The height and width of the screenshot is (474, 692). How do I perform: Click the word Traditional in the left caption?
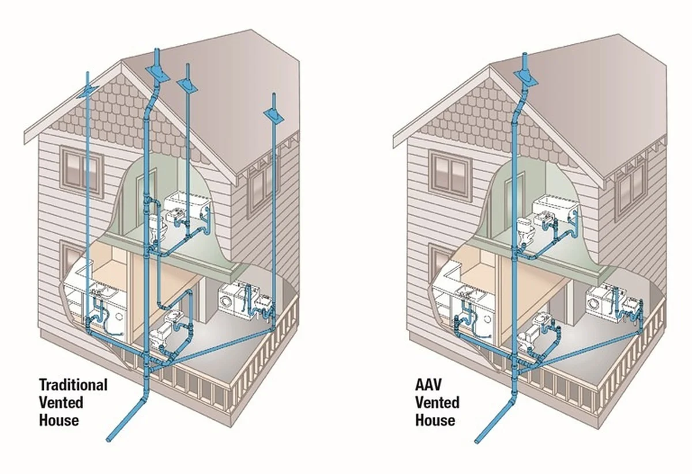73,385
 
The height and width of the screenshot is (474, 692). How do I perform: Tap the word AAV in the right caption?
428,385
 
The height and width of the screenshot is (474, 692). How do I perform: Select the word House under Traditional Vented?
59,420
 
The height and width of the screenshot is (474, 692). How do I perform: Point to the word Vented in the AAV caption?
437,402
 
